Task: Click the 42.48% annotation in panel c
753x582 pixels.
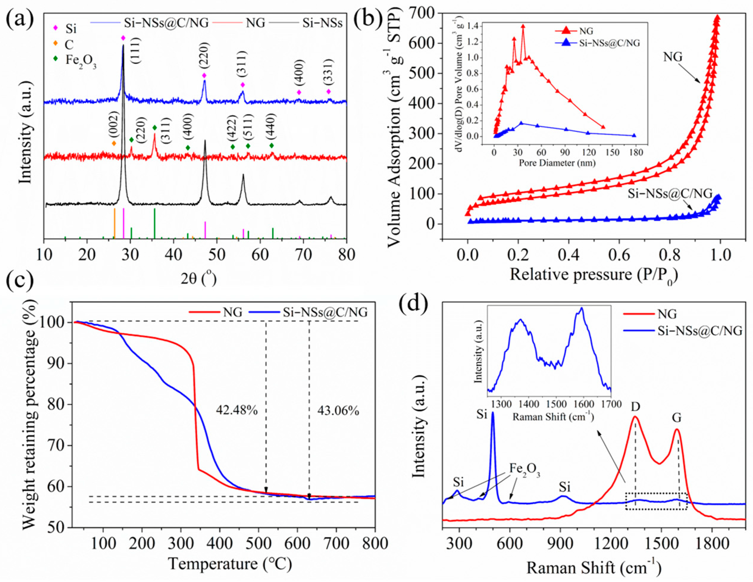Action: (x=237, y=410)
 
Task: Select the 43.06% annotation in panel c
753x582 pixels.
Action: (x=338, y=411)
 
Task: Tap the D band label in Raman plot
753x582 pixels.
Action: (x=635, y=407)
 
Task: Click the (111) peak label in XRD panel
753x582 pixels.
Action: (x=136, y=52)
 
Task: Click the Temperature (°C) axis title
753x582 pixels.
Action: (x=230, y=564)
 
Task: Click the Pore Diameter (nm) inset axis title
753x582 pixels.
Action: (x=557, y=163)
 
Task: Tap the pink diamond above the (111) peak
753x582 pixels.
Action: (x=123, y=38)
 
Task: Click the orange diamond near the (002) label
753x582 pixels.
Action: (x=114, y=143)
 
